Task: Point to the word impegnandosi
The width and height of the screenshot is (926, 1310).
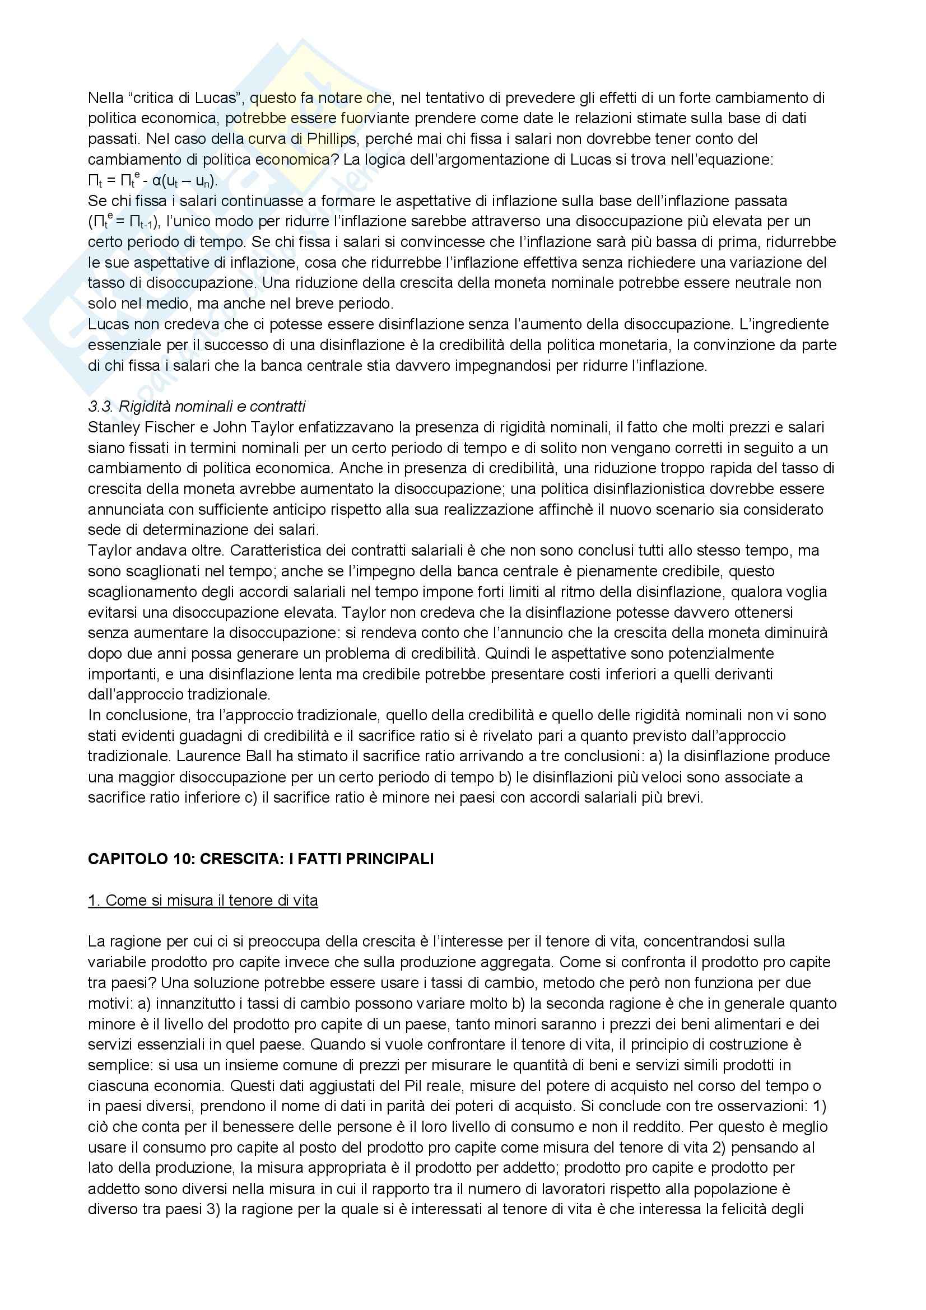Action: click(500, 366)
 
